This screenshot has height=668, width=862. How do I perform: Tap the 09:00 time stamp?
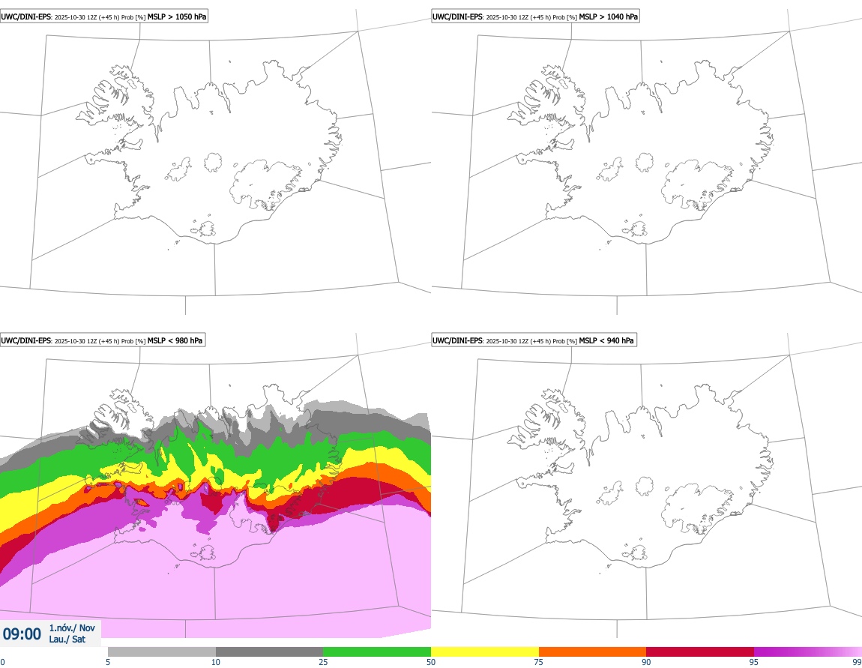point(22,634)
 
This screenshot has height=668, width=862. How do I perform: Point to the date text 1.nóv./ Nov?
point(72,628)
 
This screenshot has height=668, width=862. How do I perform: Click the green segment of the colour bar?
point(377,652)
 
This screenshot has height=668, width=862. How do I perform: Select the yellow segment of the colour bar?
point(485,652)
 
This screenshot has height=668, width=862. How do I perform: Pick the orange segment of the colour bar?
point(592,652)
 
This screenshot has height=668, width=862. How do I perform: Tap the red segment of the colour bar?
point(700,652)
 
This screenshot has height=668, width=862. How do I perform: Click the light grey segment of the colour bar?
point(162,652)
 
